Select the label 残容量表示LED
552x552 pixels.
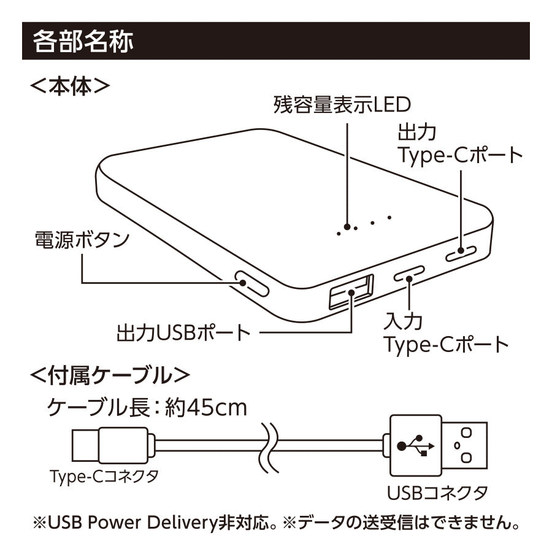[342, 105]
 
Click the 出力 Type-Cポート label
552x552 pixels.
[460, 144]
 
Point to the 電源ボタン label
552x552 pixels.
[81, 239]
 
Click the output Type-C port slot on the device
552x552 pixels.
[461, 253]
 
